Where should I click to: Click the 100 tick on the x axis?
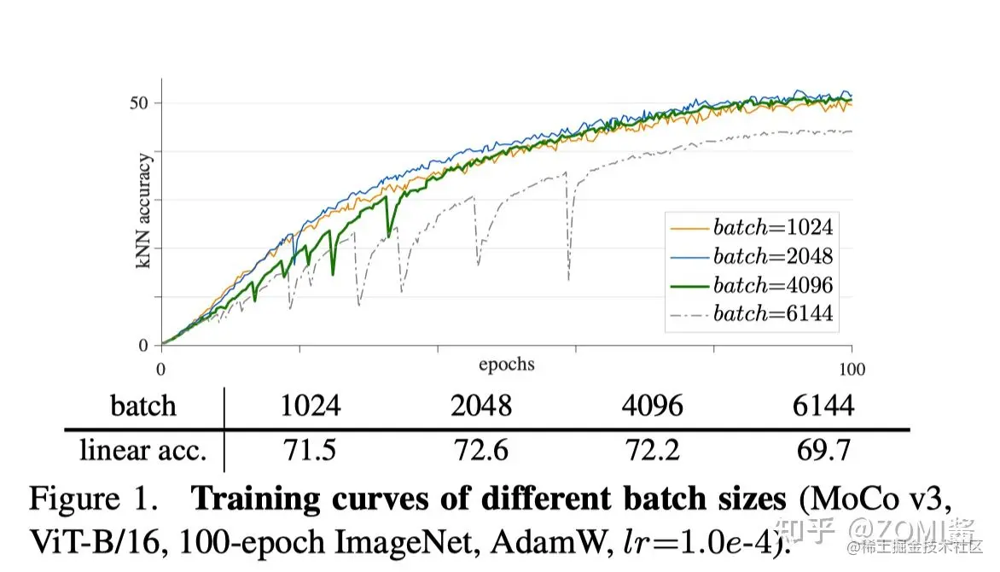tap(852, 369)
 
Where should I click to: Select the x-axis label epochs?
tap(506, 365)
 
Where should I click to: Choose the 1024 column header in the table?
tap(311, 406)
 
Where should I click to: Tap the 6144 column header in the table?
tap(823, 406)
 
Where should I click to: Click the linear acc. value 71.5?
tap(311, 450)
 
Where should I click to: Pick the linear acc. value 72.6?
tap(481, 450)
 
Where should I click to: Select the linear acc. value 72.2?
tap(652, 450)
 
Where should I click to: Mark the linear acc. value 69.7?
tap(823, 450)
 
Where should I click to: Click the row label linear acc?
tap(143, 450)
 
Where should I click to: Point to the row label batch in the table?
tap(143, 406)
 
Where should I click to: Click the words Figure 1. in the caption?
tap(93, 499)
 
